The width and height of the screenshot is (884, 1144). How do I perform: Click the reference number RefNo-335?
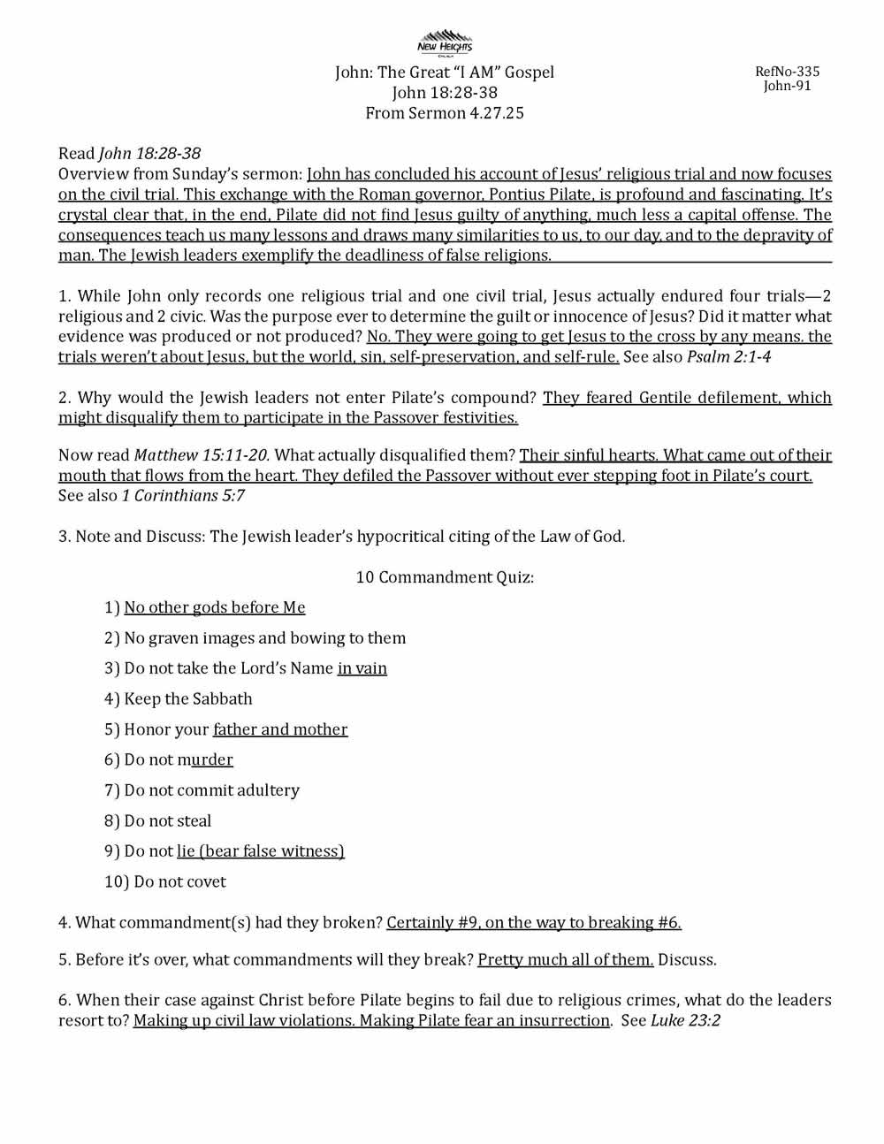787,72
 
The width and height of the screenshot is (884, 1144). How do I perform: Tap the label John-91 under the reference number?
787,86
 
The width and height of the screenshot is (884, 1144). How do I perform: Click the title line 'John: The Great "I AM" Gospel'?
445,72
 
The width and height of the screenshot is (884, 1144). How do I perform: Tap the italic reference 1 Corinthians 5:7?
183,495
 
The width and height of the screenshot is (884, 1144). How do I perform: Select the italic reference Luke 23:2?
685,1020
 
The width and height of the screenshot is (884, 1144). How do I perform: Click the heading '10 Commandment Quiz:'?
445,577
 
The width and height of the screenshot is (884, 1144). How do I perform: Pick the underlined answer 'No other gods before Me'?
215,607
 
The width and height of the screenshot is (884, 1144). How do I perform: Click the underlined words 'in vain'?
362,668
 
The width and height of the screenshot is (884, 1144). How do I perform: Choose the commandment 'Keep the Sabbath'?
188,698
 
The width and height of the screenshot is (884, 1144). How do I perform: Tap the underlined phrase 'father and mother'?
280,729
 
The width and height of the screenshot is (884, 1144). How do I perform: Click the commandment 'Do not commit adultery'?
211,790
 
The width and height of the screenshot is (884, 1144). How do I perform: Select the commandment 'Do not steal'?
168,820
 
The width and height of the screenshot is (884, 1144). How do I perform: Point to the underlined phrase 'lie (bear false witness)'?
261,851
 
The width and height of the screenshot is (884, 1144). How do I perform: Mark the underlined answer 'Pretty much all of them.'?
566,959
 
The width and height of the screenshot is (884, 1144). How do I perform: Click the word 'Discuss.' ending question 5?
688,959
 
